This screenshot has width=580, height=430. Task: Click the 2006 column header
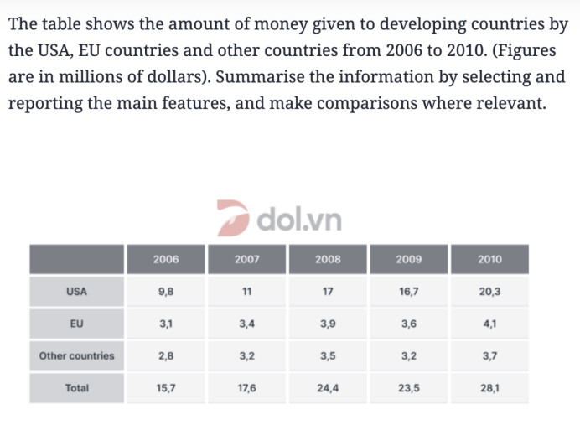(x=166, y=259)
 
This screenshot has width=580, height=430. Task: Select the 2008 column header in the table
(x=328, y=259)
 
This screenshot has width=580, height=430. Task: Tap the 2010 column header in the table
(x=489, y=259)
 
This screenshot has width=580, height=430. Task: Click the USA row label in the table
(x=76, y=292)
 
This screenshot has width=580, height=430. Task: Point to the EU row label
(x=76, y=324)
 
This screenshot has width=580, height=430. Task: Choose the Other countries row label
(x=76, y=356)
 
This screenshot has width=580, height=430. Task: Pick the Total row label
(x=76, y=388)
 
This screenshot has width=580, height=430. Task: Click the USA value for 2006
(x=166, y=292)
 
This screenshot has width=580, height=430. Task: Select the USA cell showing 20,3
(x=489, y=292)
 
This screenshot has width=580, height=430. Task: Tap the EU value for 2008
(x=328, y=324)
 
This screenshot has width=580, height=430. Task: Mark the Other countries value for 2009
(x=409, y=356)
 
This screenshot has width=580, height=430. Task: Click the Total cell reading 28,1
(x=489, y=388)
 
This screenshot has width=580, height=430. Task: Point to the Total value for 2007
(x=246, y=388)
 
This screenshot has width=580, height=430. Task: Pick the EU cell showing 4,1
(x=489, y=324)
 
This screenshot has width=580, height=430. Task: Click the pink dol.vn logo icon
(x=233, y=218)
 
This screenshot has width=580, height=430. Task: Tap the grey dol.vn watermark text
(x=299, y=219)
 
